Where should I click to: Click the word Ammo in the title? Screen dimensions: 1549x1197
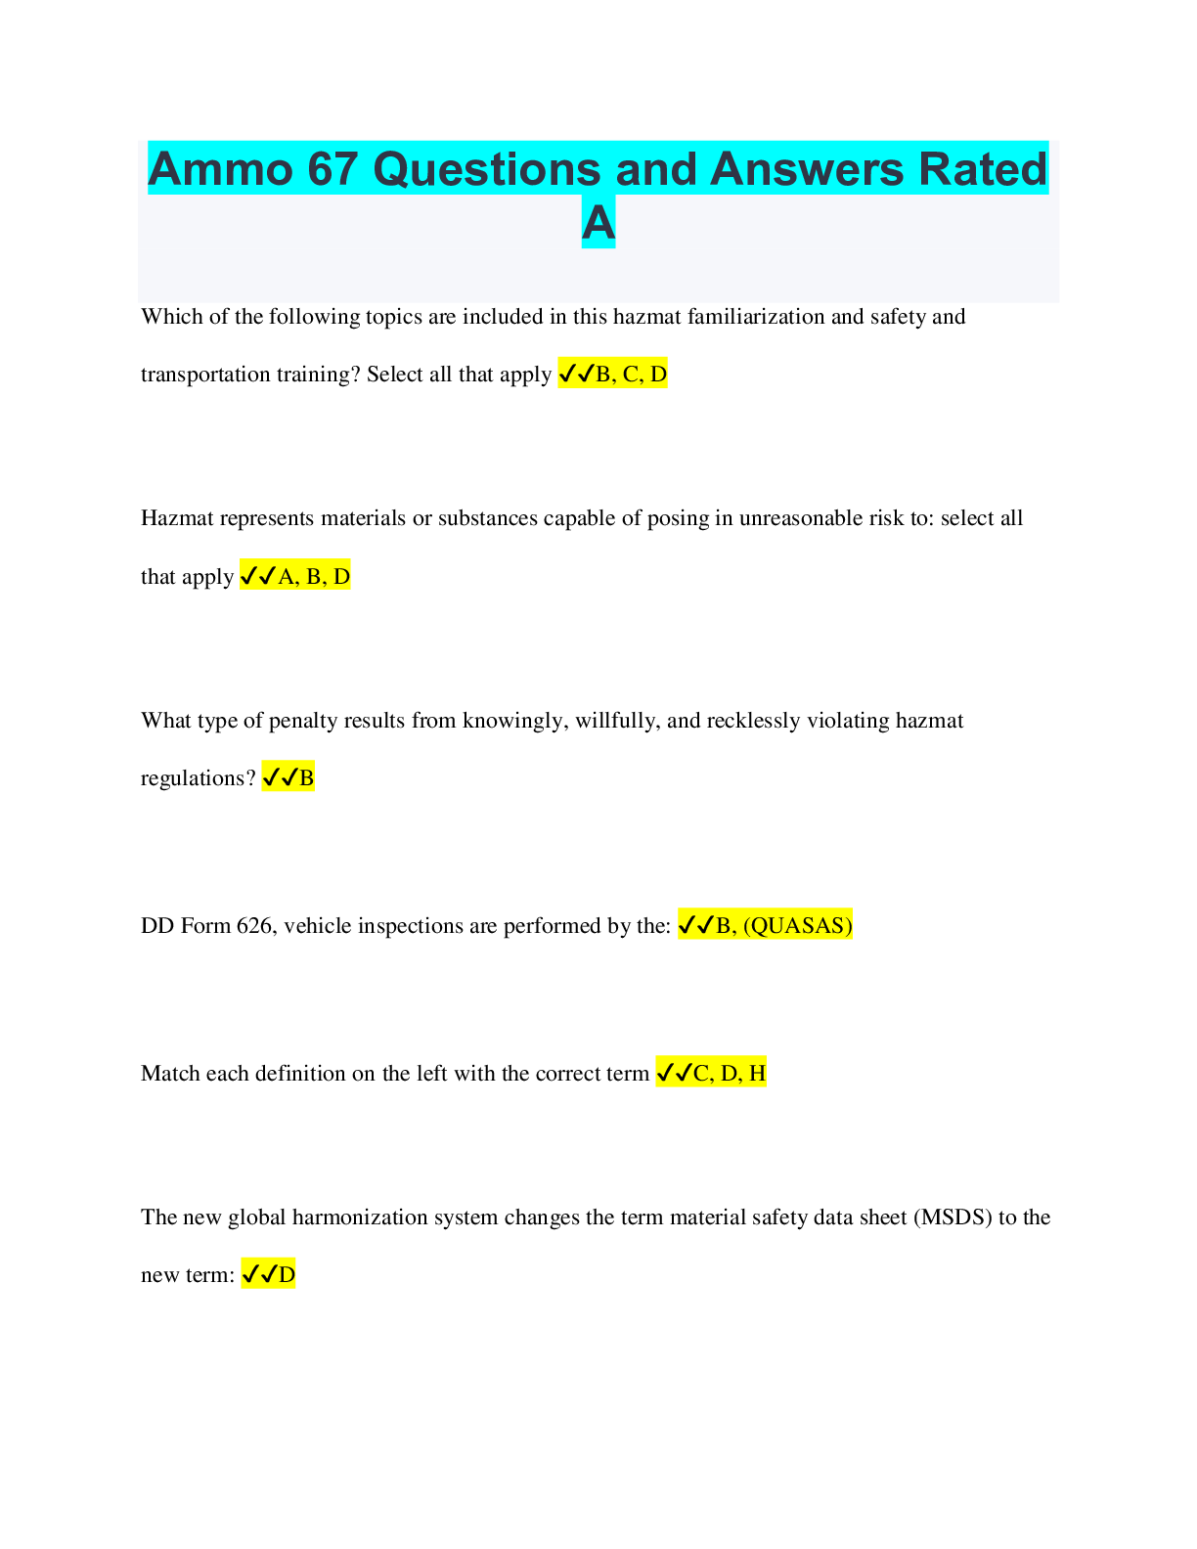pos(220,169)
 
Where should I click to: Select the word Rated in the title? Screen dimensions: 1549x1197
pos(982,169)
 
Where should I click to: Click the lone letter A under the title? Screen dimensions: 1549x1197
pos(598,223)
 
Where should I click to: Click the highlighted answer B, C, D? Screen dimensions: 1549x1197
pos(631,374)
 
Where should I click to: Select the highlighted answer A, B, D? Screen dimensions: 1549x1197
pos(314,576)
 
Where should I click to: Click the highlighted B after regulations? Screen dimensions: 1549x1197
pos(306,778)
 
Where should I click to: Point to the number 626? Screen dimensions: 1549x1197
pos(253,925)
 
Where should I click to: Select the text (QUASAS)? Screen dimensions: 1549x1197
pos(797,925)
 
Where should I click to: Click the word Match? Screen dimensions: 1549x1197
pos(170,1074)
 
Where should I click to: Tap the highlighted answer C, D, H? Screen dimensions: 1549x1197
pos(729,1074)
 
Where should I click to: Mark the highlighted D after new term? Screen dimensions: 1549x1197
pos(287,1274)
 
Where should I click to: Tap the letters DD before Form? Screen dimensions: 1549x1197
pos(157,925)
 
